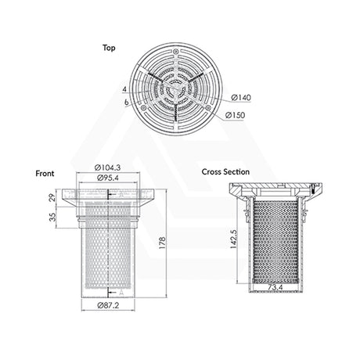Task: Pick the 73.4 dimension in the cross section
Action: (274, 289)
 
